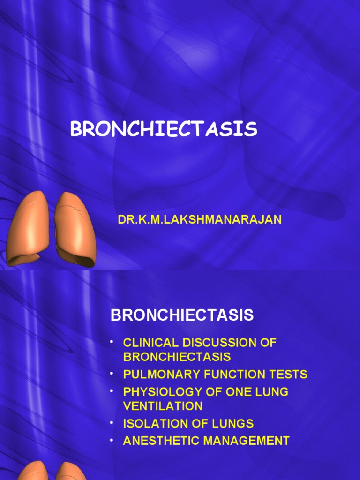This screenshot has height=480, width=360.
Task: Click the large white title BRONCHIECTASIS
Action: click(164, 129)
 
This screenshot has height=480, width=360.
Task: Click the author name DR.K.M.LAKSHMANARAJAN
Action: click(200, 220)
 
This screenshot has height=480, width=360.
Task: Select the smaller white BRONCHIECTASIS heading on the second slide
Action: click(182, 315)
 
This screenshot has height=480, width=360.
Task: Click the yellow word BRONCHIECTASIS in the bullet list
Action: click(177, 357)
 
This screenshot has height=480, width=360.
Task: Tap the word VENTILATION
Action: click(163, 406)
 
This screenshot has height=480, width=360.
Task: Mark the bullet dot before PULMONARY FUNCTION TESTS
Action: click(112, 372)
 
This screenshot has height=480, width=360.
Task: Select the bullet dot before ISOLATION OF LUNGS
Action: click(112, 421)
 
